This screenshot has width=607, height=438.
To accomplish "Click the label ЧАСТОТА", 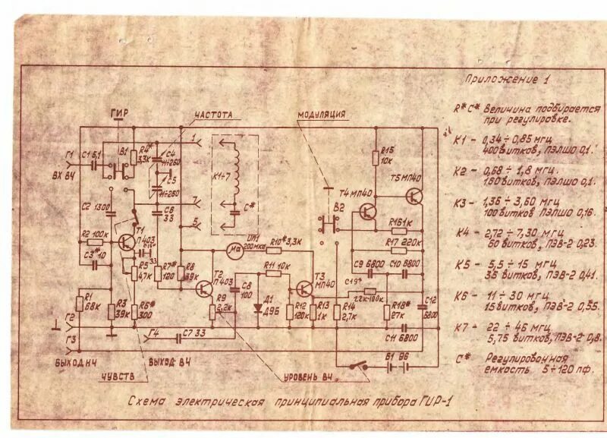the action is tap(213, 115).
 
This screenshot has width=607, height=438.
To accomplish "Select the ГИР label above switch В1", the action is tap(119, 114).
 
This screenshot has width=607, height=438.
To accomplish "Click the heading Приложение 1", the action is tap(506, 80).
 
